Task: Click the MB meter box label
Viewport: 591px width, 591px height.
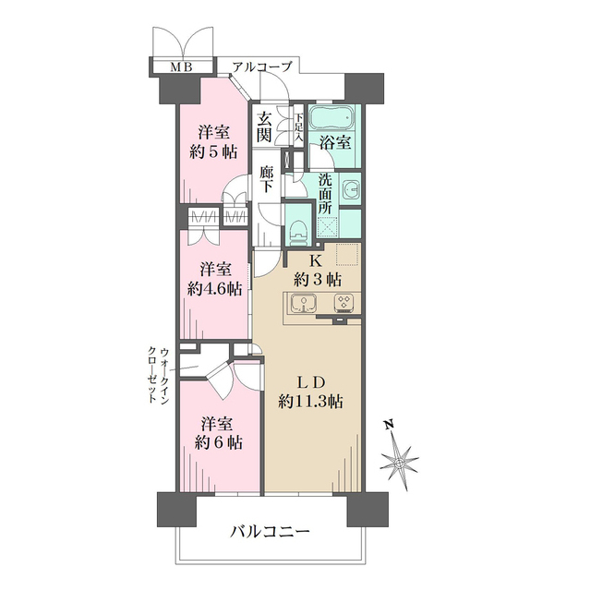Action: [x=182, y=67]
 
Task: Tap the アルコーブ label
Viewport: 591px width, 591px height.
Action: [x=262, y=67]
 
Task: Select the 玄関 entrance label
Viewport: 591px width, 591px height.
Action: [x=264, y=127]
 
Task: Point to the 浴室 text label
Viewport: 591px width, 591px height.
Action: [x=335, y=142]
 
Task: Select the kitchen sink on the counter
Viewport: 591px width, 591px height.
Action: [x=304, y=303]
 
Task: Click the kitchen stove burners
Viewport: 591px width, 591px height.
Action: [x=343, y=302]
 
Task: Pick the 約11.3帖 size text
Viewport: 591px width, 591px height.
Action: [x=310, y=403]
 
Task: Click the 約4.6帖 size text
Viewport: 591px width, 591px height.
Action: [x=215, y=289]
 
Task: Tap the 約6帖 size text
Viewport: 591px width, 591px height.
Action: [x=219, y=442]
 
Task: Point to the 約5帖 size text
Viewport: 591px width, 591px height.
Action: [x=213, y=151]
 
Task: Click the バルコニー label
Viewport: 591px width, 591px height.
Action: [x=270, y=532]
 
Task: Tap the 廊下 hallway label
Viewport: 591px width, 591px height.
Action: [x=267, y=179]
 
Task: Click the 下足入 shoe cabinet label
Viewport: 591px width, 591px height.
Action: [x=298, y=127]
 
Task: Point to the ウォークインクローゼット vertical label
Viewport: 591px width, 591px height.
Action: [x=158, y=376]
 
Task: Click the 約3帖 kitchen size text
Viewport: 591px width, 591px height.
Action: [x=318, y=279]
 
